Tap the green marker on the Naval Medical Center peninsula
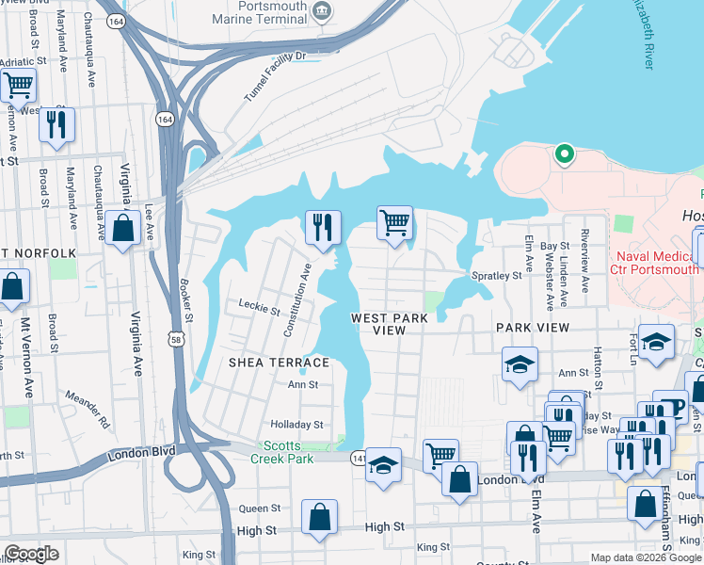pos(564,153)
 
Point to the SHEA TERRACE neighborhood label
pos(280,363)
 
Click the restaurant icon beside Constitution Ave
pos(320,227)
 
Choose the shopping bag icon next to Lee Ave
pos(122,228)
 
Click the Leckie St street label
pos(260,308)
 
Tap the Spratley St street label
pos(496,276)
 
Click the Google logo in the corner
pos(31,554)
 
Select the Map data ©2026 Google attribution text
pos(645,557)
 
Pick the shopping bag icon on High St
pos(320,517)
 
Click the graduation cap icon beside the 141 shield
pos(382,465)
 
